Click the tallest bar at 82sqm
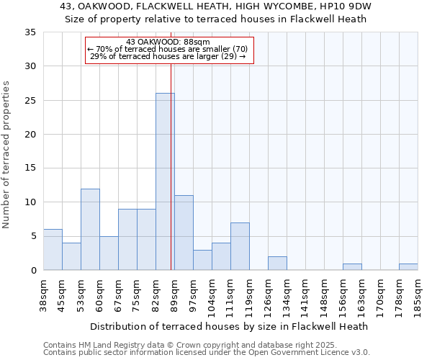click(x=165, y=181)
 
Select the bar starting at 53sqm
click(x=90, y=229)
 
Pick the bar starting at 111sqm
click(x=240, y=246)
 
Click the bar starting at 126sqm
click(x=277, y=263)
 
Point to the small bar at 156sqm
click(x=352, y=266)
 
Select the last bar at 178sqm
click(x=408, y=266)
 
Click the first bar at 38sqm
click(x=53, y=249)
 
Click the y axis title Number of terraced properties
click(x=6, y=155)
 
